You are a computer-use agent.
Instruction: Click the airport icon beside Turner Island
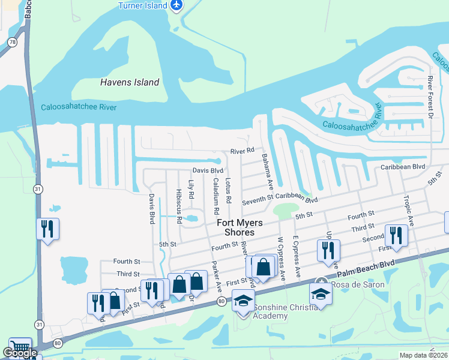pos(176,5)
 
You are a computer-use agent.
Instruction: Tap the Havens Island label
pos(130,82)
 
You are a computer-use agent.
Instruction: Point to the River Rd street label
pos(243,151)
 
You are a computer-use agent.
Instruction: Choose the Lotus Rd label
pos(228,190)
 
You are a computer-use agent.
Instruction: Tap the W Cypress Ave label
pos(280,258)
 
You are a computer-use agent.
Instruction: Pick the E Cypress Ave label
pos(295,257)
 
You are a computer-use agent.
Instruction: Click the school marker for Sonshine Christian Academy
pos(243,299)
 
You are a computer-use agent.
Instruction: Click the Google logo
pos(20,353)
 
